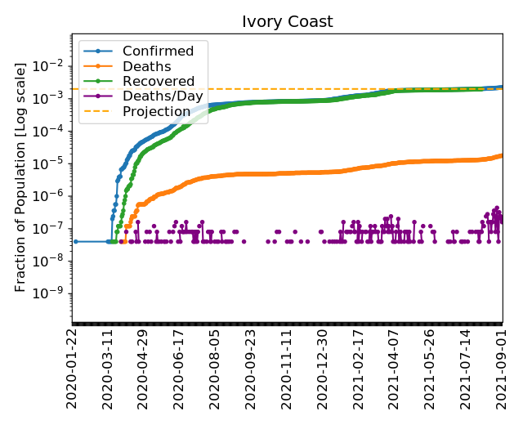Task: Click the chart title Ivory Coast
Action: [x=287, y=21]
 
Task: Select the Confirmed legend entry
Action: [x=158, y=51]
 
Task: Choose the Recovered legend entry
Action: [x=159, y=82]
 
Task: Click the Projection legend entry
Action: [x=157, y=111]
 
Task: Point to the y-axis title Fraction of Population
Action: [x=21, y=176]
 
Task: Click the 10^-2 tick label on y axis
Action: [x=51, y=65]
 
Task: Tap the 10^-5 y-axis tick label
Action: [x=51, y=163]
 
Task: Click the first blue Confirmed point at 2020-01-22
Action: [x=75, y=241]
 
